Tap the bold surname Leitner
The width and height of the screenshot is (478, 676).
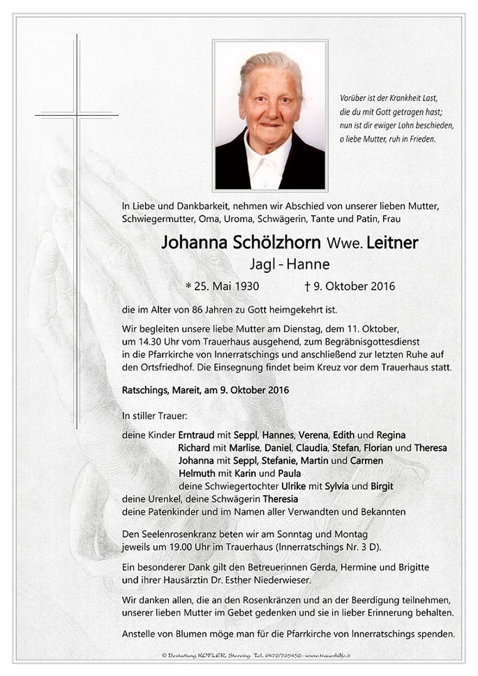point(392,243)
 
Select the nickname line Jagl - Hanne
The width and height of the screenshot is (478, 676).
point(290,264)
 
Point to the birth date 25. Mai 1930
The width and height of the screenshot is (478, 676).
point(226,286)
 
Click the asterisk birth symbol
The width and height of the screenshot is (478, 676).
point(188,286)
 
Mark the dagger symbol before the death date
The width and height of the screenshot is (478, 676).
point(307,286)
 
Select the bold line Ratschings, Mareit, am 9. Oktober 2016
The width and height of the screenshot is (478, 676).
point(205,390)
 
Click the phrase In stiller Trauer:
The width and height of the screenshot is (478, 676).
point(154,416)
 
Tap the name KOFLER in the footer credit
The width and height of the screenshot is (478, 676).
point(211,656)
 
